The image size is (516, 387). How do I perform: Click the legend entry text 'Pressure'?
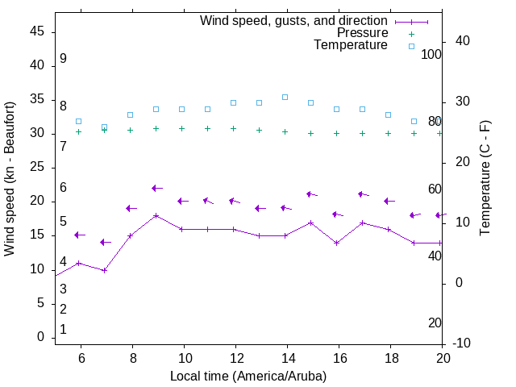pos(362,33)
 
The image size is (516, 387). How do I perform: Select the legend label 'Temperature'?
pos(351,45)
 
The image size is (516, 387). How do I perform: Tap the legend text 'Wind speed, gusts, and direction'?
pos(294,21)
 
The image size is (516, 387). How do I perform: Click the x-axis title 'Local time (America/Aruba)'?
pos(248,376)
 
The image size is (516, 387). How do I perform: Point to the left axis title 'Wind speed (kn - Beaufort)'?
pos(10,179)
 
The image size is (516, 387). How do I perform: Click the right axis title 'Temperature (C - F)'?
pos(485,179)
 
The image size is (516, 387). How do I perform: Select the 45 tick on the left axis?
pos(37,31)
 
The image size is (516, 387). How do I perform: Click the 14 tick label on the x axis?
pos(287,359)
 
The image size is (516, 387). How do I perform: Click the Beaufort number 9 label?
pos(63,59)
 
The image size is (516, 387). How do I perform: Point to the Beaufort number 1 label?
pos(63,330)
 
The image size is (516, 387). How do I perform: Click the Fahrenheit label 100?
pos(431,54)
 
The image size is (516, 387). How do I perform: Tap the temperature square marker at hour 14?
pos(285,97)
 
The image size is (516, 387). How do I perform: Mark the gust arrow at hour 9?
pos(157,188)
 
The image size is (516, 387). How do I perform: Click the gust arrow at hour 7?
pos(106,242)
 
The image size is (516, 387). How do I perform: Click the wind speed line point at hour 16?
pos(336,243)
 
